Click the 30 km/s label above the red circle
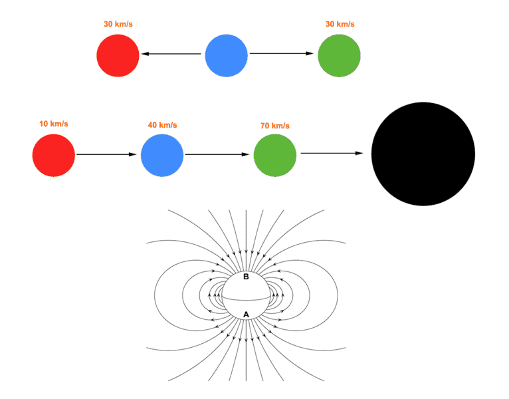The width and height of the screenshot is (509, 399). [x=118, y=24]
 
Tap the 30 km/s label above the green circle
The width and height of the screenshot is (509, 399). [x=340, y=24]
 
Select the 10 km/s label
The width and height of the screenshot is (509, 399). [x=54, y=124]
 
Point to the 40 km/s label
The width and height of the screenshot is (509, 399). [x=162, y=125]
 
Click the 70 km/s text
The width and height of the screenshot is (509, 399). [x=275, y=126]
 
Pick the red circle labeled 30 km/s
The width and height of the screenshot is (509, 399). [x=118, y=56]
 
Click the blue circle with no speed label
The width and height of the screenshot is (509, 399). [x=226, y=56]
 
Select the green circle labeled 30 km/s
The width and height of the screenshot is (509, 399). [x=340, y=56]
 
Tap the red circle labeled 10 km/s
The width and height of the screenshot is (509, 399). [x=54, y=156]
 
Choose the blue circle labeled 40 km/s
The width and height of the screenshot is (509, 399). [x=162, y=156]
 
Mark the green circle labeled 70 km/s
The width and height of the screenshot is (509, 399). [x=275, y=156]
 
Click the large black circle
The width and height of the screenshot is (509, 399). [x=423, y=154]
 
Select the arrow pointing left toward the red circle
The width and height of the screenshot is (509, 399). [x=171, y=54]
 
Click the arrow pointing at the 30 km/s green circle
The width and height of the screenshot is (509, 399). [x=282, y=53]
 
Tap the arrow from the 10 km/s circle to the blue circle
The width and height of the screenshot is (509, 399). [x=106, y=154]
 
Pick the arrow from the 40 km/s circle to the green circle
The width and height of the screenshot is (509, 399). [x=217, y=154]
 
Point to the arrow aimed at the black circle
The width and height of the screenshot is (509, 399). [x=332, y=153]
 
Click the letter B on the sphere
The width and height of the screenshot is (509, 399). [x=246, y=277]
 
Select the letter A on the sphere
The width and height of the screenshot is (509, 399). [x=246, y=315]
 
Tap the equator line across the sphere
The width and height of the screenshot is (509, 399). [x=246, y=299]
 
